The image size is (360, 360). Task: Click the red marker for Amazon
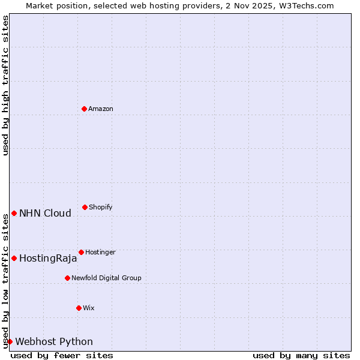[84, 109]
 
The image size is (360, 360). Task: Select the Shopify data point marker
[85, 207]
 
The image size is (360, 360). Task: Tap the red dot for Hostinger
[81, 252]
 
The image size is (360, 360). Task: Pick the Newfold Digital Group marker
[67, 278]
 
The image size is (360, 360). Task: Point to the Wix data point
[79, 308]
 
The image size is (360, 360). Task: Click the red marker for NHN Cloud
[14, 213]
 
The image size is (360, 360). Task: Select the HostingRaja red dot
[14, 258]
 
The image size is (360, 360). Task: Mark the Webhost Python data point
[10, 341]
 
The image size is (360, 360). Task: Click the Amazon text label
[101, 109]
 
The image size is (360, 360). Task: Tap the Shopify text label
[101, 207]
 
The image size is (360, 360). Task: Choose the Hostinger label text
[100, 252]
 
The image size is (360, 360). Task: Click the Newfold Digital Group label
[106, 278]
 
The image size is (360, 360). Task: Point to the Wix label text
[89, 308]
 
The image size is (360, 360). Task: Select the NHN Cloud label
[45, 213]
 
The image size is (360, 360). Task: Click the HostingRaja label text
[48, 259]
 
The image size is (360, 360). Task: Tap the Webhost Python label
[54, 341]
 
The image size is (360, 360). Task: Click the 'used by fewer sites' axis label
[62, 355]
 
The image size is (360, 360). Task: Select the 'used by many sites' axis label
[301, 355]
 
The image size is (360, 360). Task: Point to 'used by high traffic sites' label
[5, 85]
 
